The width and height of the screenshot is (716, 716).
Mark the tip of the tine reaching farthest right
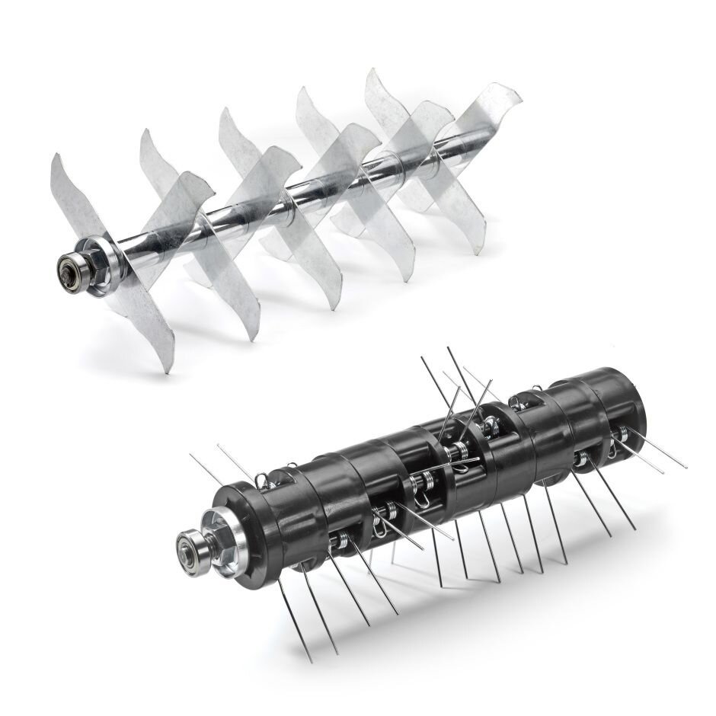pos(686,466)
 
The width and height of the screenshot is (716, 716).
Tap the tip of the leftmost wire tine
pos(190,455)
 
